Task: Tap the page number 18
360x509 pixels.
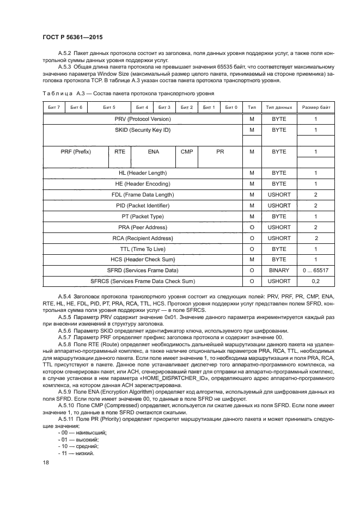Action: (46, 462)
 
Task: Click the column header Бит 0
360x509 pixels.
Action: (231, 107)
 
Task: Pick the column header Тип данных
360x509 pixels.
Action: (279, 107)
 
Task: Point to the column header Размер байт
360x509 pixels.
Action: (315, 107)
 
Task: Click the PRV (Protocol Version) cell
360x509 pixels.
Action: (143, 119)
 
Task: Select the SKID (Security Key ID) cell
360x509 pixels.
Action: (143, 130)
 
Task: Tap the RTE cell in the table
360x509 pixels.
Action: (119, 152)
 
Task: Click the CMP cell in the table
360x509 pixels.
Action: (186, 152)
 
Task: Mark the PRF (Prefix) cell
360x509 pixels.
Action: (76, 152)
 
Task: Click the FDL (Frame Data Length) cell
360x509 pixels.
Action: (143, 194)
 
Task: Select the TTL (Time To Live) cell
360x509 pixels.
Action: (143, 248)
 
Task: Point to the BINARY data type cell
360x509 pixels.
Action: (279, 270)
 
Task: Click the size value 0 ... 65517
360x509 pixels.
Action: (315, 270)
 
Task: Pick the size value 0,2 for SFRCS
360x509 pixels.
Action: (315, 281)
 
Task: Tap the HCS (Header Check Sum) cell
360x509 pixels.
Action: (143, 259)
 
